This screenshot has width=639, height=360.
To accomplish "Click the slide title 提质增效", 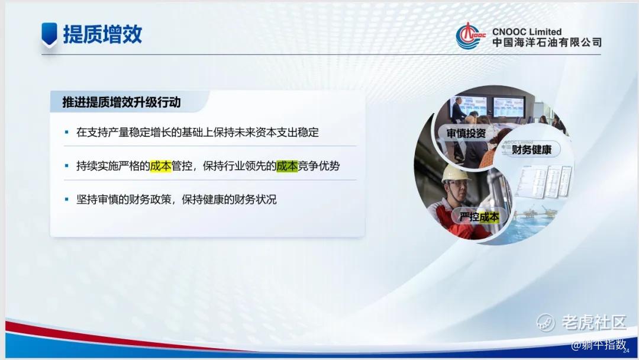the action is (102, 34).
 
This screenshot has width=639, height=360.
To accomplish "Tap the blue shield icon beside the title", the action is (49, 34).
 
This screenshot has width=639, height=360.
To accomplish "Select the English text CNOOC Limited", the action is (527, 31).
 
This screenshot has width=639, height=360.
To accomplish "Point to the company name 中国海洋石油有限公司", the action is (547, 43).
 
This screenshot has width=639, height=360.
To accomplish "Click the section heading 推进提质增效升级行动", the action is (121, 102).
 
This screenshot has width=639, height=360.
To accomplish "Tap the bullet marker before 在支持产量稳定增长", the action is (67, 132).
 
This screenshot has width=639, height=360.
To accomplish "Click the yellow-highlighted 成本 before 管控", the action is (160, 166).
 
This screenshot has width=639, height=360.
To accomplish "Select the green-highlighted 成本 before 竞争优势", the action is (287, 166).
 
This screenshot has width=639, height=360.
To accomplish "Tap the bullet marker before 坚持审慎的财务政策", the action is (67, 200).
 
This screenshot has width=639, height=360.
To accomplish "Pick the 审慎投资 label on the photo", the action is (466, 133).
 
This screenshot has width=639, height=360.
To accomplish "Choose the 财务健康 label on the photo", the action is (531, 150).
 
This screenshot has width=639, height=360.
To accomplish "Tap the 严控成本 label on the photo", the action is (479, 217).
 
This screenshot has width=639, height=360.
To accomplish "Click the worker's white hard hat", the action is (456, 173).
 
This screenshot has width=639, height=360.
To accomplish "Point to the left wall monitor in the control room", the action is (469, 105).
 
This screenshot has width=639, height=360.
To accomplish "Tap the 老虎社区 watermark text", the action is (594, 323).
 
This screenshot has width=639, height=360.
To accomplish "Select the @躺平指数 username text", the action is (598, 345).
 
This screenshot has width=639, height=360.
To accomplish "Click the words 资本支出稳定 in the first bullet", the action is (288, 132).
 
